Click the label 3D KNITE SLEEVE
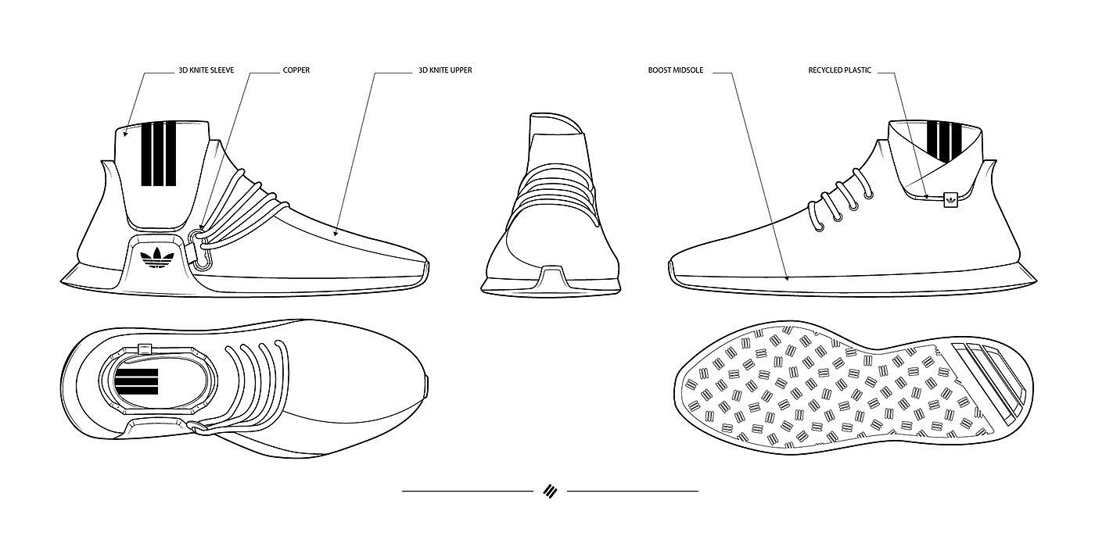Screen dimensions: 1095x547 pos(206,70)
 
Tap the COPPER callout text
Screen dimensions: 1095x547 pos(296,70)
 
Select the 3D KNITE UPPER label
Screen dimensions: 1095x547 pos(445,70)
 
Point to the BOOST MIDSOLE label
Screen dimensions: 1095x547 pos(676,70)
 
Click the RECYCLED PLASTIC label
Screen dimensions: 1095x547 pos(840,70)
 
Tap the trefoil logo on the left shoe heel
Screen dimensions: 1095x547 pos(156,258)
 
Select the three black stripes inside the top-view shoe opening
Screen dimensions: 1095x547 pos(136,381)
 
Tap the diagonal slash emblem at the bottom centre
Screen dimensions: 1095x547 pos(549,491)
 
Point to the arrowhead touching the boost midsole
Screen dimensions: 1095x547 pos(788,277)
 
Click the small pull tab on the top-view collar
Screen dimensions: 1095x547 pos(144,346)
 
